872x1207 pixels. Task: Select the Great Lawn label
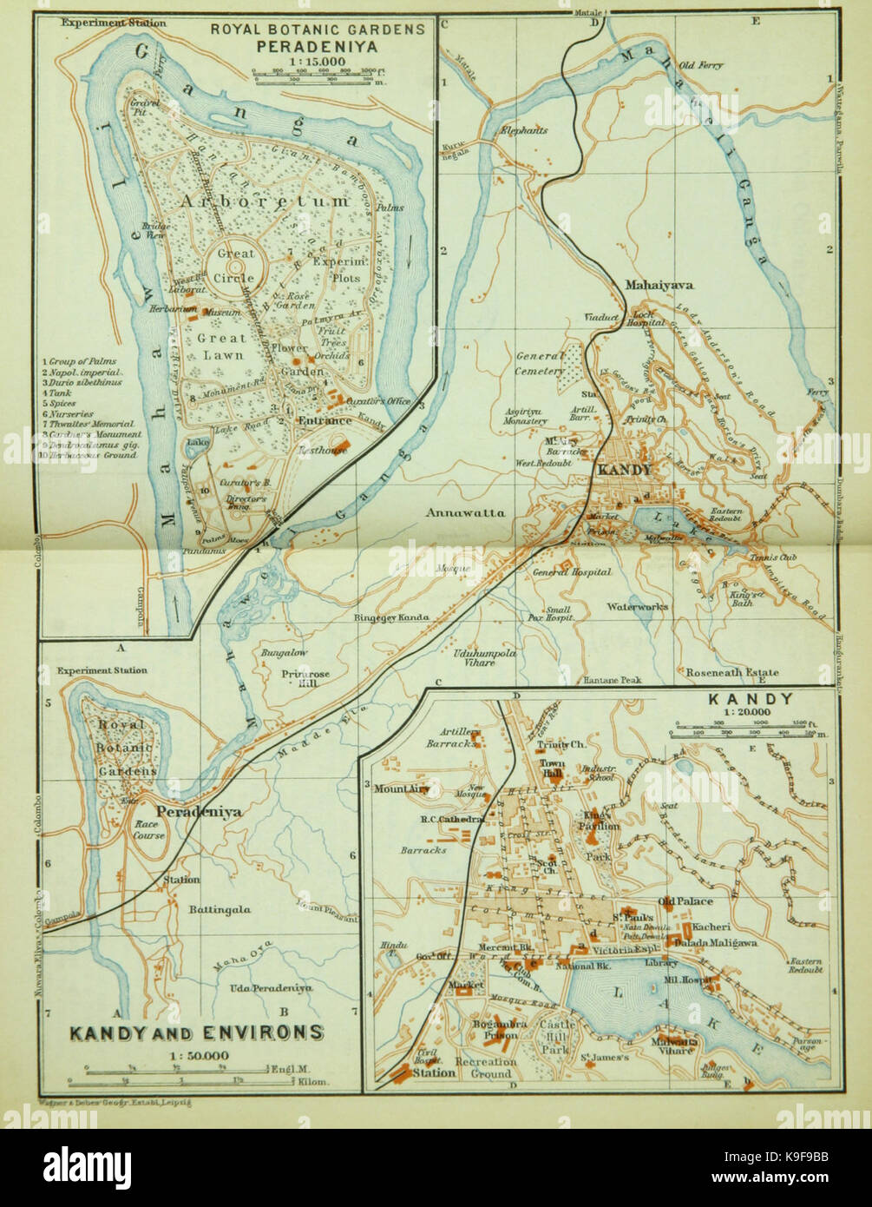point(221,346)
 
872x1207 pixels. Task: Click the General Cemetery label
point(540,363)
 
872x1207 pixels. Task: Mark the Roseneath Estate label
point(731,671)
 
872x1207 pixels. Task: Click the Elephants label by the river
point(523,130)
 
